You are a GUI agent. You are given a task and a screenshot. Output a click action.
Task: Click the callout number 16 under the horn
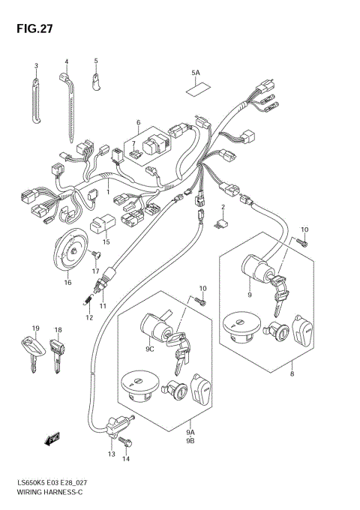pos(67,283)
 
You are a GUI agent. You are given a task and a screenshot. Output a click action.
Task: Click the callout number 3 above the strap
pos(35,65)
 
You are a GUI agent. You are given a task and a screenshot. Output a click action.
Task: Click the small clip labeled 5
pos(97,78)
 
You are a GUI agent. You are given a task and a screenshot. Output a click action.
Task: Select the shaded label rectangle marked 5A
pos(196,88)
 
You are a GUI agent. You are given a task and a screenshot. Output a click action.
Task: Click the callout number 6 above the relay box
pos(138,122)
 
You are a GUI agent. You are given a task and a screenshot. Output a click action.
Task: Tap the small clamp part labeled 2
pos(222,221)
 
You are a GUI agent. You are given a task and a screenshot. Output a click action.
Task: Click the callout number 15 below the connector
pos(106,242)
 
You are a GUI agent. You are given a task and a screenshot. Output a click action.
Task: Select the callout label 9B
pos(190,442)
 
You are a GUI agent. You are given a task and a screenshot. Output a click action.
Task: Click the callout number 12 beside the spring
pos(88,317)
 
